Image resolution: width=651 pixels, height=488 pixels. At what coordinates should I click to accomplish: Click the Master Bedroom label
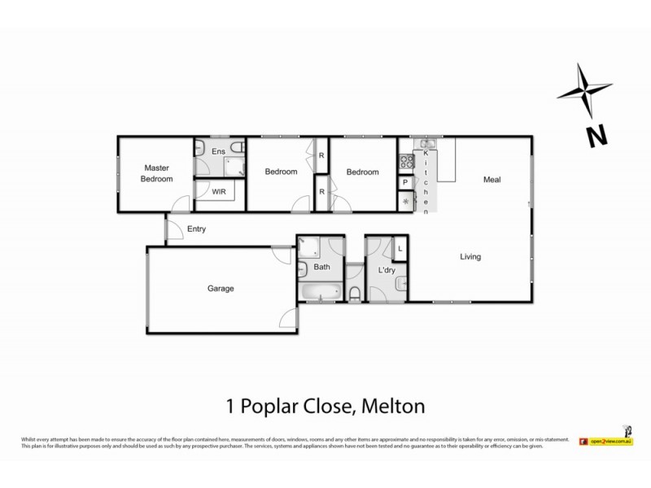point(156,173)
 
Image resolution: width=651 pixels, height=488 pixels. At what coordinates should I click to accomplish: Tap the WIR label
point(219,193)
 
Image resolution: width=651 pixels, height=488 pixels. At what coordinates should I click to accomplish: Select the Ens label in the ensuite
point(218,151)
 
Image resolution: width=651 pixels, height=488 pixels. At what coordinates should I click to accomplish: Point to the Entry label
point(196,229)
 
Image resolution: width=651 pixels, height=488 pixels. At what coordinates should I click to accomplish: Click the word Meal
point(492,180)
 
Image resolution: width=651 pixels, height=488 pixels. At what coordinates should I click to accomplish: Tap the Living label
point(470,257)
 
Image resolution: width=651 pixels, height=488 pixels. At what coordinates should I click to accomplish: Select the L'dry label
point(387,270)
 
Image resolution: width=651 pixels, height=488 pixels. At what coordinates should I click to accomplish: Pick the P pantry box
point(404,183)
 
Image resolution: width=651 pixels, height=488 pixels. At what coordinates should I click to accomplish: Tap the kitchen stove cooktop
point(404,160)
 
